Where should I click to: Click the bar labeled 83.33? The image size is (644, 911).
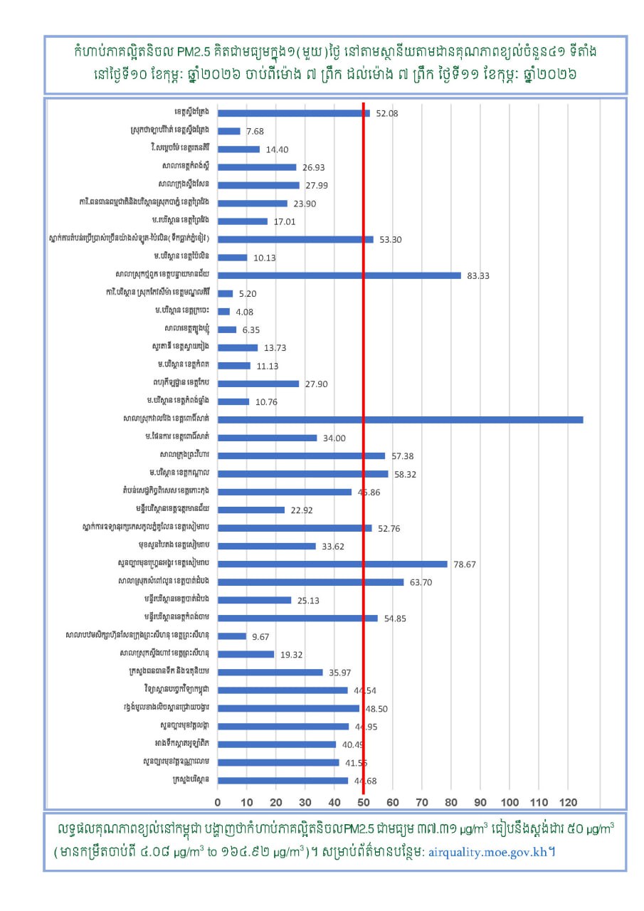[339, 275]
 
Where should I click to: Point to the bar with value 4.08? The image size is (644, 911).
[223, 311]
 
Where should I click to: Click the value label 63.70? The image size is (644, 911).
[421, 582]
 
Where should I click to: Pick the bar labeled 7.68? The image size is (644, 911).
[228, 131]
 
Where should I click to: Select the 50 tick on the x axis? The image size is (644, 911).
[363, 802]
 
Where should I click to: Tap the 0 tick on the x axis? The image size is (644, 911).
[218, 802]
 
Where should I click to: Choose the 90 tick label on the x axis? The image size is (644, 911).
[480, 802]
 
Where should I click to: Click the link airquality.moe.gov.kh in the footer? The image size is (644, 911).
[488, 851]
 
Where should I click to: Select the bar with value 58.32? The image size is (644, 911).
[302, 473]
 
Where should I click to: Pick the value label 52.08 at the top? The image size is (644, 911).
[387, 113]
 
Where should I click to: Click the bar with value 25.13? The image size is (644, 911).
[254, 600]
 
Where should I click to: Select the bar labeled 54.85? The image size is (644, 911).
[297, 618]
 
